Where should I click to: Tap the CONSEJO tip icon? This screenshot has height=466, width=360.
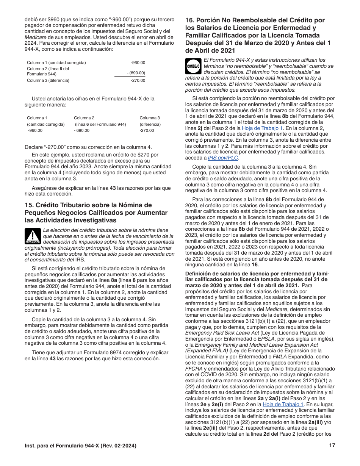point(193,66)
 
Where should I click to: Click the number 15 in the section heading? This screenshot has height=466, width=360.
point(29,205)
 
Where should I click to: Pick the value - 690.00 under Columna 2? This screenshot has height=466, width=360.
point(82,130)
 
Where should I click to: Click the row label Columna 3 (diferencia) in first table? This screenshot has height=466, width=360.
point(48,80)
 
